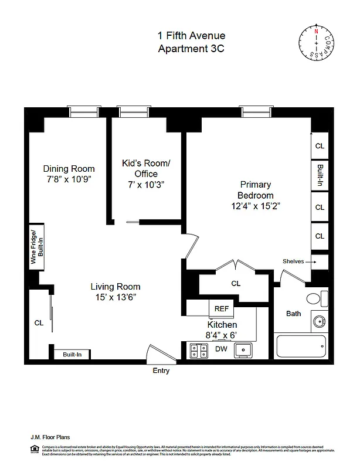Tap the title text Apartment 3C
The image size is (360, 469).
[x=191, y=49]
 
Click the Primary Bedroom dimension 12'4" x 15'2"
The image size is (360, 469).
[x=256, y=206]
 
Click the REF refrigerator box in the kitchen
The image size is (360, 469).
[x=221, y=308]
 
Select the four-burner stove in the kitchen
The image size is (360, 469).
[x=198, y=351]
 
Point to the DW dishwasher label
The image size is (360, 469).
[x=221, y=349]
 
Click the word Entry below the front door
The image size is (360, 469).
[x=162, y=371]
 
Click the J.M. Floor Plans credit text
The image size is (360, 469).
[x=50, y=436]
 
